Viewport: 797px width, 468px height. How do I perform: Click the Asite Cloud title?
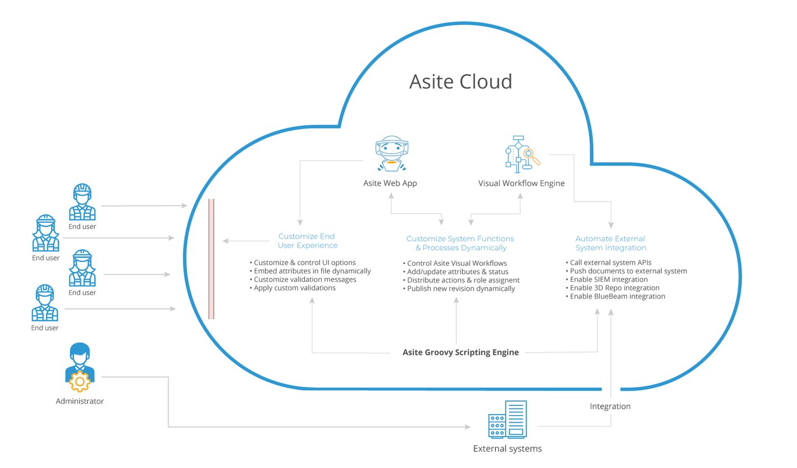point(460,82)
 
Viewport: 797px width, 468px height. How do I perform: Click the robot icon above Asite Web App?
point(392,153)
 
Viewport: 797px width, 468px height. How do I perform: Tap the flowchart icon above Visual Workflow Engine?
point(521,152)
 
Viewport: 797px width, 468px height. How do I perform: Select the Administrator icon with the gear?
point(80,367)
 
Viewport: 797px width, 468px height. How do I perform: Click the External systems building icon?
point(507,420)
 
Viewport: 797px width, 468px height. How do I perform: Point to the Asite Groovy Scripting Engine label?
point(460,352)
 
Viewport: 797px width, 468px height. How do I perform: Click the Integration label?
point(610,406)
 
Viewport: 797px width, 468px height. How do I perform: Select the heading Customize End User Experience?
point(307,241)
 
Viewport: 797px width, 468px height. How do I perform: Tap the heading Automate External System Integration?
point(610,243)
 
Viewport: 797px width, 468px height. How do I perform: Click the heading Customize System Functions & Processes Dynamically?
point(460,243)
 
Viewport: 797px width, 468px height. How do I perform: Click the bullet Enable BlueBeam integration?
point(617,296)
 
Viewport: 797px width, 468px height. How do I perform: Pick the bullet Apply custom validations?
point(294,288)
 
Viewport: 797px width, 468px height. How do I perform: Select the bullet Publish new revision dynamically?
point(460,289)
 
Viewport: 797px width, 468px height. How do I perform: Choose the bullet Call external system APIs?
point(610,263)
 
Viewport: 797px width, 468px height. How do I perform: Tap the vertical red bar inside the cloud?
point(211,259)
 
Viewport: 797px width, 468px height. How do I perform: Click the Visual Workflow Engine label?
point(521,183)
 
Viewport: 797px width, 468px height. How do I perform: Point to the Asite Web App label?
point(390,183)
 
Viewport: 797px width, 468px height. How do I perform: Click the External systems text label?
point(507,449)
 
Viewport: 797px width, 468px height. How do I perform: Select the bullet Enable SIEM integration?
point(608,280)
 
